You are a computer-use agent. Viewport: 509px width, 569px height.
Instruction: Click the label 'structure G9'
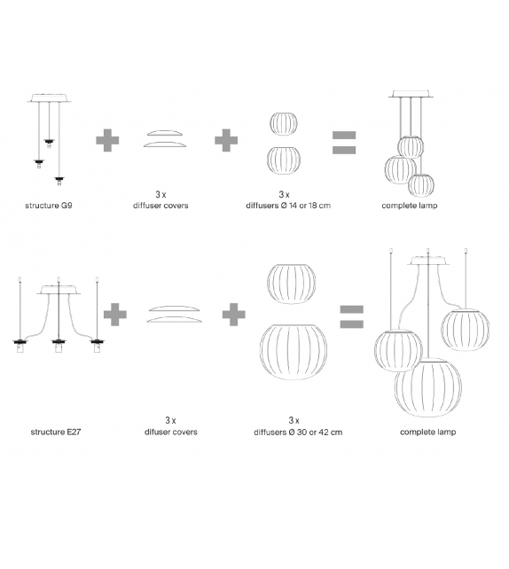click(x=49, y=206)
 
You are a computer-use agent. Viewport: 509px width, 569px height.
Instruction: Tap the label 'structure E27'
click(x=56, y=432)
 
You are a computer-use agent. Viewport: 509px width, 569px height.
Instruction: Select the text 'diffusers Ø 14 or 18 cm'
click(x=288, y=206)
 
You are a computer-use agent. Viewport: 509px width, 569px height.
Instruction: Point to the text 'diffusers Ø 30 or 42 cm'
click(x=298, y=432)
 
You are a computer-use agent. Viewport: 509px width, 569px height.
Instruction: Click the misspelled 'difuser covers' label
click(x=170, y=432)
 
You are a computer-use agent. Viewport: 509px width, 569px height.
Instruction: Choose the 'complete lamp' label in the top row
click(x=409, y=206)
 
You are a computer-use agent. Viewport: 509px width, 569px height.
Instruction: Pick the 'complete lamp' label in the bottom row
click(x=427, y=432)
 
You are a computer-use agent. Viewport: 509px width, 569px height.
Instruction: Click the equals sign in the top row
click(x=344, y=143)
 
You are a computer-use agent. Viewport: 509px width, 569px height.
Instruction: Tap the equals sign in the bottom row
click(x=351, y=316)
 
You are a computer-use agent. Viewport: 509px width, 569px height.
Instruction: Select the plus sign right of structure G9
click(x=107, y=140)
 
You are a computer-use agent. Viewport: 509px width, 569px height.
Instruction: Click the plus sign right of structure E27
click(x=115, y=315)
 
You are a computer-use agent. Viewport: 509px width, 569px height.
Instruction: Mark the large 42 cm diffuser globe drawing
click(x=294, y=352)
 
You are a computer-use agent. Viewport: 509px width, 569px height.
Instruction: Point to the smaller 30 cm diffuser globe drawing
click(x=291, y=284)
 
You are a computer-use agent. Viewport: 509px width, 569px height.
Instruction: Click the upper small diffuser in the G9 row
click(x=284, y=124)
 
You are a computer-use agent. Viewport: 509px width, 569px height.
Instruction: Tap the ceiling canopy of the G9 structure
click(x=50, y=98)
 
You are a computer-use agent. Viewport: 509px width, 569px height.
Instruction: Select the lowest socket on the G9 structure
click(x=59, y=181)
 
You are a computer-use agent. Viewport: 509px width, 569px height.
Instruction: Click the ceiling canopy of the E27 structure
click(x=59, y=290)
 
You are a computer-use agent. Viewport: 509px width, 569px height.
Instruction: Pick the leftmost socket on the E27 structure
click(x=20, y=346)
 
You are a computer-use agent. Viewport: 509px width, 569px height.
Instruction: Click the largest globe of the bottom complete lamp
click(x=428, y=387)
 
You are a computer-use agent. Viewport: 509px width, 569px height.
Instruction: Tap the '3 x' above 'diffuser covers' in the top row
click(x=161, y=194)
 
